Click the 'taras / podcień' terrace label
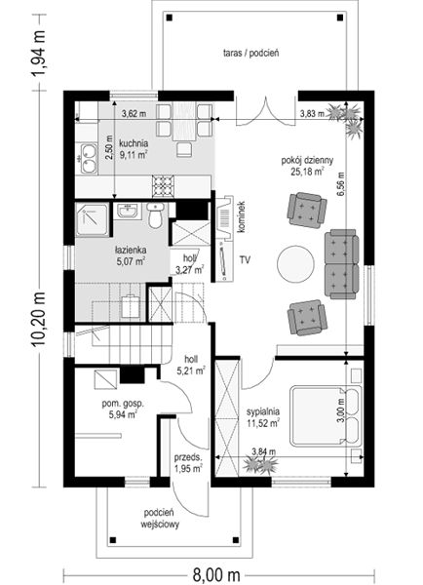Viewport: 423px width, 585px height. click(251, 53)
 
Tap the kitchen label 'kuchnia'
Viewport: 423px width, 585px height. click(134, 143)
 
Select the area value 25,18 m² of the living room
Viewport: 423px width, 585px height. click(307, 172)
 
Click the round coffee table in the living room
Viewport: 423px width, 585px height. click(295, 264)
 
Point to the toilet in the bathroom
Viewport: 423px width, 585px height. click(155, 215)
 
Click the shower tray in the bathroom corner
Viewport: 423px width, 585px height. click(93, 219)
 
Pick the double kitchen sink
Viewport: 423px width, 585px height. click(89, 159)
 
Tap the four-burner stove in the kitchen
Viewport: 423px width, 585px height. click(163, 186)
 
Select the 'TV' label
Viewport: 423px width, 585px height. click(245, 260)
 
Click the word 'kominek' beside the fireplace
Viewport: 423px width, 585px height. click(242, 217)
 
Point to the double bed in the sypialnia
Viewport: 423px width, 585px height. click(326, 416)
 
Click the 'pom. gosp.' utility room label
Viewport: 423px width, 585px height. click(123, 404)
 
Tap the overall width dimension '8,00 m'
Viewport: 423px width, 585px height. click(216, 574)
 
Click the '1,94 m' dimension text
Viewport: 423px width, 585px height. click(38, 53)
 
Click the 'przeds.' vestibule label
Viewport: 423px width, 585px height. click(188, 457)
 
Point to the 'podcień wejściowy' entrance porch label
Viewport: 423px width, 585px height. click(160, 519)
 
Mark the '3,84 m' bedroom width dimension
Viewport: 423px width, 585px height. click(264, 451)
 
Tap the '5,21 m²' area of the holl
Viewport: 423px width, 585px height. click(191, 370)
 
